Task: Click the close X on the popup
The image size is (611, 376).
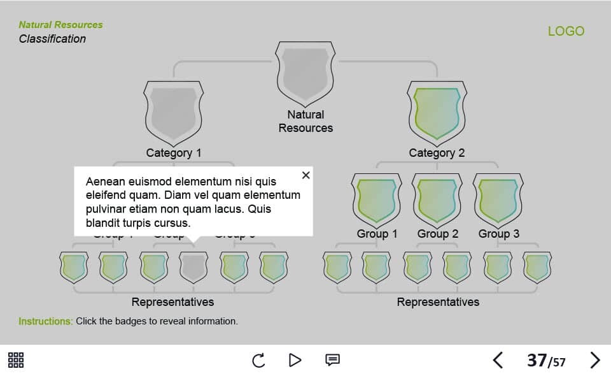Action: click(306, 175)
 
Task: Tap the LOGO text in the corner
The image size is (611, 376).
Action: click(566, 31)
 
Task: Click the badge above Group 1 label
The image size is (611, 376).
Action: click(376, 199)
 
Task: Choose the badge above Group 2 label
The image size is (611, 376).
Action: click(437, 199)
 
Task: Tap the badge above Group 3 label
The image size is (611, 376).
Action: click(498, 199)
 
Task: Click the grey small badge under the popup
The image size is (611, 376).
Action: click(193, 267)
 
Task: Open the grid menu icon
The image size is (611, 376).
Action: click(16, 360)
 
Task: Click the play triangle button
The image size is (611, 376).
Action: click(295, 360)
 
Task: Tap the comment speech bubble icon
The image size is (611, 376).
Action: click(332, 360)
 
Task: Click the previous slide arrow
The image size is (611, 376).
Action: click(498, 360)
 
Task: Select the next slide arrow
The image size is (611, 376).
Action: click(595, 360)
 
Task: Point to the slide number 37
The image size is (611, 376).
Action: click(537, 360)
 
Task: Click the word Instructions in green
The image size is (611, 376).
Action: click(45, 321)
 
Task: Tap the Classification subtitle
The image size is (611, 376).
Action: click(52, 39)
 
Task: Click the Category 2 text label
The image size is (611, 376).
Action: click(437, 153)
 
